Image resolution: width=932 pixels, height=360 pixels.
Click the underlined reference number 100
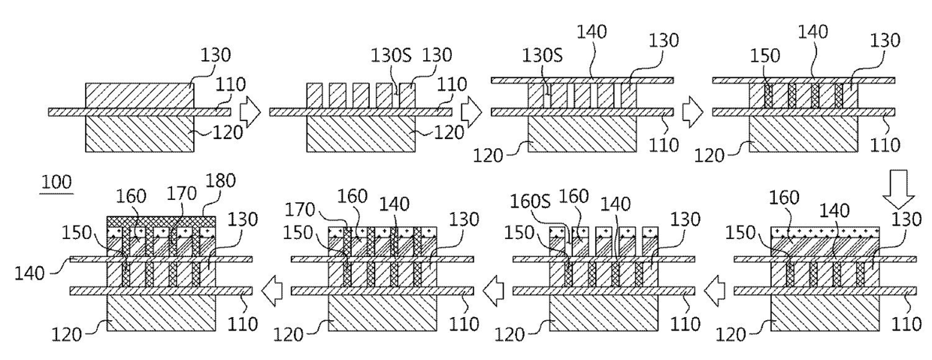pyautogui.click(x=56, y=183)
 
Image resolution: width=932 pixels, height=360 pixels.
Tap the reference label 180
pyautogui.click(x=221, y=180)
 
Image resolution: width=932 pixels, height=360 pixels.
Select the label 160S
pyautogui.click(x=531, y=202)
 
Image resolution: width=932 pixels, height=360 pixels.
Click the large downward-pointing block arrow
pyautogui.click(x=898, y=189)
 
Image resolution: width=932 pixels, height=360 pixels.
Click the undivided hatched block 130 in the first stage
pyautogui.click(x=139, y=95)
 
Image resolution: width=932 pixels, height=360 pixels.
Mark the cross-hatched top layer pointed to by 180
pyautogui.click(x=162, y=222)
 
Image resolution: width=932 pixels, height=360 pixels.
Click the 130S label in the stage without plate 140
pyautogui.click(x=391, y=55)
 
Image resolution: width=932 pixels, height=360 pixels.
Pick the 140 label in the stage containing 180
pyautogui.click(x=29, y=274)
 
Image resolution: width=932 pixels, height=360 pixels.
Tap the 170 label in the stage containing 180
pyautogui.click(x=182, y=193)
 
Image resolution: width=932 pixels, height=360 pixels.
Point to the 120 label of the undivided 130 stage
pyautogui.click(x=228, y=133)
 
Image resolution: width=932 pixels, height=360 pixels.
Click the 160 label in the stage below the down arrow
pyautogui.click(x=784, y=198)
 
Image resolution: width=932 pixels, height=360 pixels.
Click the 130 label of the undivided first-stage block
pyautogui.click(x=216, y=55)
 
